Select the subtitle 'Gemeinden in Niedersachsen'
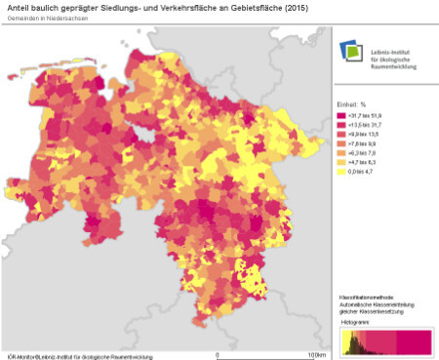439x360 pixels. tap(45, 20)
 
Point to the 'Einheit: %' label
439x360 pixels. tap(353, 103)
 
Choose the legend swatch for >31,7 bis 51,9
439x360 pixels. tap(341, 116)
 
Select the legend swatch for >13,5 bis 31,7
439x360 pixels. tap(341, 126)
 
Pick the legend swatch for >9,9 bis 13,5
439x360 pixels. tap(341, 135)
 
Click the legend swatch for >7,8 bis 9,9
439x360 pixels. tap(341, 143)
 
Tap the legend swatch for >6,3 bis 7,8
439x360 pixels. tap(341, 153)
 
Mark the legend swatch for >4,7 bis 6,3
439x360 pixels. tap(341, 162)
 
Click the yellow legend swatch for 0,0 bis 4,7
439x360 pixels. tap(341, 171)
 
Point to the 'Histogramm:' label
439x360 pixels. tap(356, 320)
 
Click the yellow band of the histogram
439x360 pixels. tap(346, 340)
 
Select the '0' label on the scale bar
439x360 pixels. tap(217, 354)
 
